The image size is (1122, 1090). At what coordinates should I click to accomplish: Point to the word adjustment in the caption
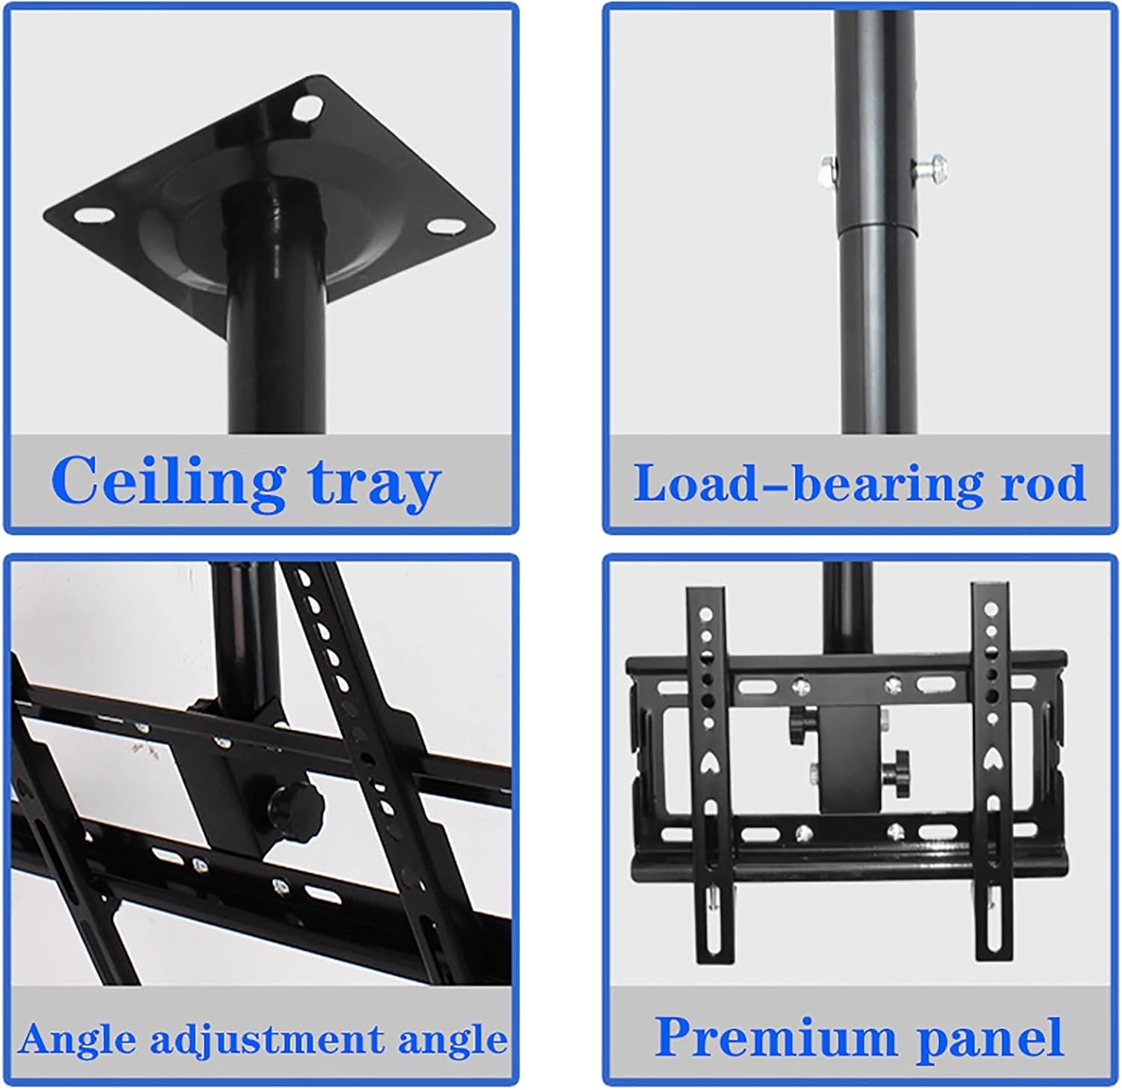coord(266,1040)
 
